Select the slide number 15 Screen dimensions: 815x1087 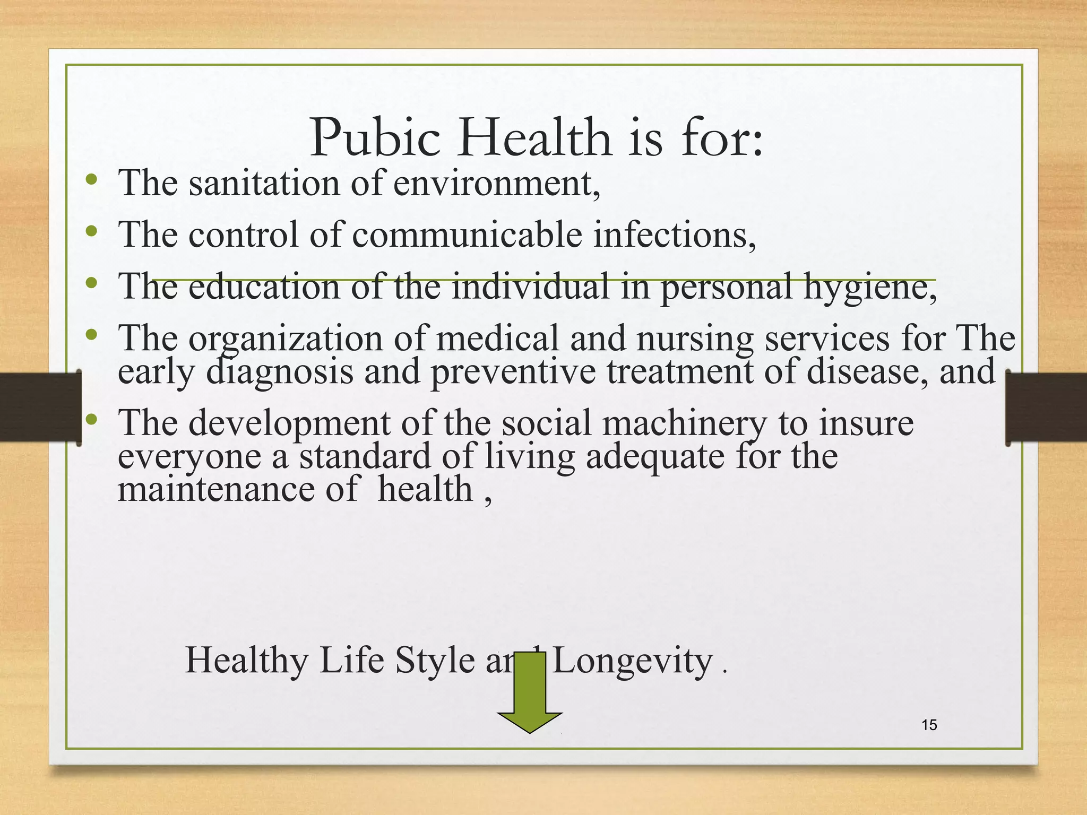[929, 725]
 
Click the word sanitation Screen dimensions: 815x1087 [263, 183]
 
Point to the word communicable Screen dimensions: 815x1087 [467, 235]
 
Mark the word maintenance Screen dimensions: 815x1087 [215, 489]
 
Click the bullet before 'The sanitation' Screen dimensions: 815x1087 [91, 179]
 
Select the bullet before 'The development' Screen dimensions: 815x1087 [91, 420]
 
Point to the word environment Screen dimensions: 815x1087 [497, 183]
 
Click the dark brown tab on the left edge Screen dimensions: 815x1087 [40, 407]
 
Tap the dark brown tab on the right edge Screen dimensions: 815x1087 [1046, 407]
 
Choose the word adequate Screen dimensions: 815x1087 [655, 456]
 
